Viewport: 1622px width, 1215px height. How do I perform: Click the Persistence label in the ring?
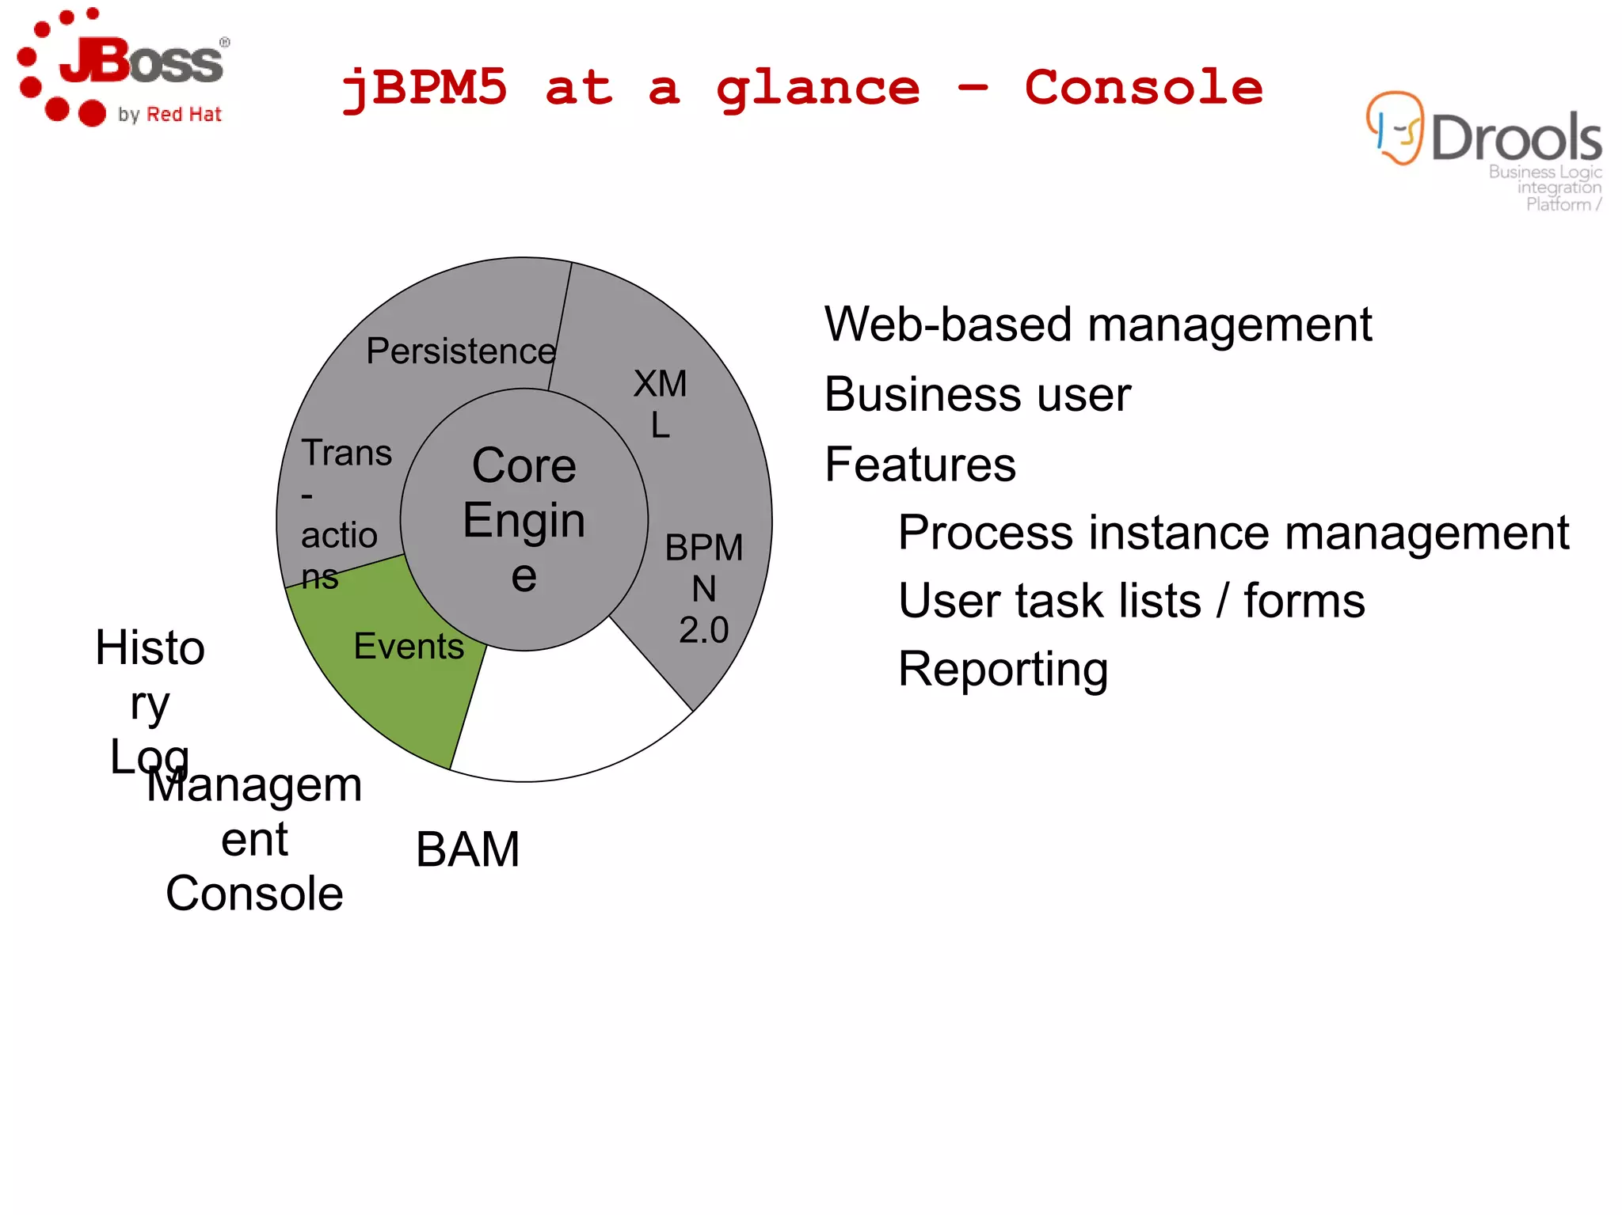pos(461,351)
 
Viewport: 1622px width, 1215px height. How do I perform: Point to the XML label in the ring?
pos(660,404)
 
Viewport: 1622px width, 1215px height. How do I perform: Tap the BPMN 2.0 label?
pos(703,588)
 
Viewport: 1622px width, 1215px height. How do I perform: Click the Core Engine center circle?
pos(524,518)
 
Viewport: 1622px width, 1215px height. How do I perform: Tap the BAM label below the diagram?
pos(467,849)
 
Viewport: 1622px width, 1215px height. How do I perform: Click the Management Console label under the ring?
pos(254,839)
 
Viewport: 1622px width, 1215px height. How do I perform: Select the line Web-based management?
pos(1097,325)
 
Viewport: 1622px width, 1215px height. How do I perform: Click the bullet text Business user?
pos(977,394)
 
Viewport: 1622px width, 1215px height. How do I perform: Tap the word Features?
pos(920,464)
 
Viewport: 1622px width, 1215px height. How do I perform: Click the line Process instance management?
pos(1232,533)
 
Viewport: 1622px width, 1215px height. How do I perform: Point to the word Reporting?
pos(1002,670)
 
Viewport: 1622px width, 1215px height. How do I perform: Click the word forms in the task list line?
pos(1304,601)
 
